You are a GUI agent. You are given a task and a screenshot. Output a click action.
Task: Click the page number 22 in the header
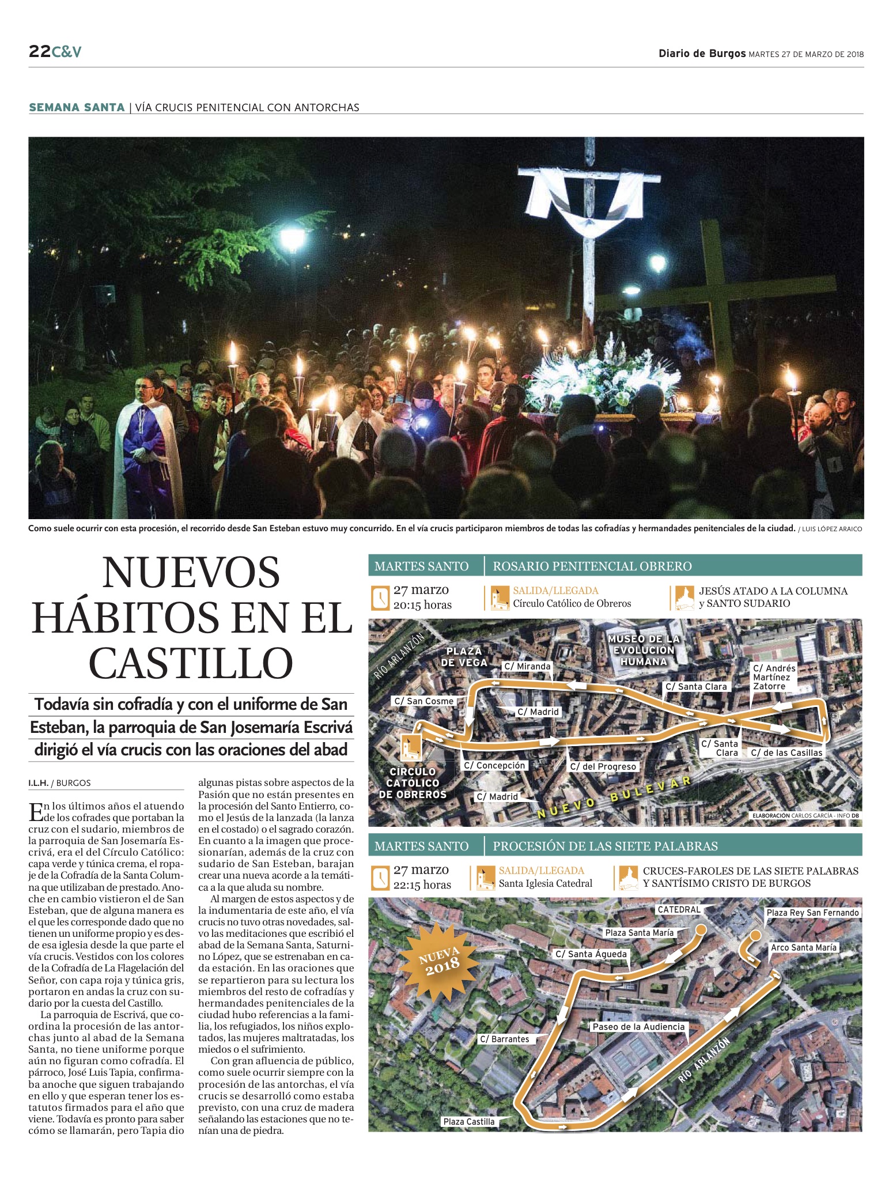pos(39,52)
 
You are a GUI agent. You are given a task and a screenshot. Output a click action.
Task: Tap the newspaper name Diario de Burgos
pos(702,54)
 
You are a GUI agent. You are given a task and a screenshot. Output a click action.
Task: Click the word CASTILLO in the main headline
pos(191,663)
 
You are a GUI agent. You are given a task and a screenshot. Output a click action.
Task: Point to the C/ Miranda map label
pos(527,667)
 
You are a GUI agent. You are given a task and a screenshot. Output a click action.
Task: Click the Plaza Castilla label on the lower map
pos(468,1122)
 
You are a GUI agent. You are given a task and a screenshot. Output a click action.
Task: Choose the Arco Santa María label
pos(804,948)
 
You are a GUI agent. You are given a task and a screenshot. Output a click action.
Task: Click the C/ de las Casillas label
pos(786,753)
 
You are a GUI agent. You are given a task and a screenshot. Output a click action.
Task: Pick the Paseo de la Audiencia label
pos(638,1027)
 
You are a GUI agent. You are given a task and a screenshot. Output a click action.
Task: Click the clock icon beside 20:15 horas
pos(380,597)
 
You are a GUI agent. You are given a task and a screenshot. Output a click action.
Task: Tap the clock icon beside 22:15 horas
pos(380,878)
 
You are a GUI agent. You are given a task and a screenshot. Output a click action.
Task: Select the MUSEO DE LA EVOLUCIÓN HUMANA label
pos(644,650)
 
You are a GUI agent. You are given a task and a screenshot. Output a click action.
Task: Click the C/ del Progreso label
pos(603,767)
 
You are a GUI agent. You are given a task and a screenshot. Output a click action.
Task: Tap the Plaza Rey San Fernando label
pos(812,913)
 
